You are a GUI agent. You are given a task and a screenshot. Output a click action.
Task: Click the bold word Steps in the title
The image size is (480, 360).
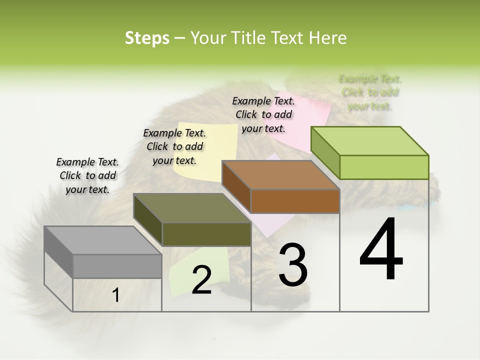pyautogui.click(x=147, y=38)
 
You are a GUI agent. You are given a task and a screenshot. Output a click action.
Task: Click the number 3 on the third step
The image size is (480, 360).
pyautogui.click(x=293, y=265)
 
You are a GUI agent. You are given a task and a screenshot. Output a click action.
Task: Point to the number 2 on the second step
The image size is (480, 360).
pyautogui.click(x=201, y=280)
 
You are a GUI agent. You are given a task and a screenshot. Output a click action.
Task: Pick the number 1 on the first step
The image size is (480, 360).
pyautogui.click(x=116, y=295)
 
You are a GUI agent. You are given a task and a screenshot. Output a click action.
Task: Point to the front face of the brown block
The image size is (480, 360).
pyautogui.click(x=295, y=201)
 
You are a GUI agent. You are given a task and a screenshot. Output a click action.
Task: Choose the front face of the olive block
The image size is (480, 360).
pyautogui.click(x=206, y=234)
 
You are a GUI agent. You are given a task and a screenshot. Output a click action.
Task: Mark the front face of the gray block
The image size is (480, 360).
pyautogui.click(x=117, y=266)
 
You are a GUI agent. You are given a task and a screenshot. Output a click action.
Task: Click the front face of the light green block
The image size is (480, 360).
pyautogui.click(x=384, y=167)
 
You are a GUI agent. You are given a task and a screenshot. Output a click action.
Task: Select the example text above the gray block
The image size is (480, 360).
pyautogui.click(x=87, y=175)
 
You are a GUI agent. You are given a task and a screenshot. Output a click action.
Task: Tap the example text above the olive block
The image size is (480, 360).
pyautogui.click(x=174, y=146)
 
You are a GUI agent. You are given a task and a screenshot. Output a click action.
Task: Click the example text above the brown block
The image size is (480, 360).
pyautogui.click(x=263, y=114)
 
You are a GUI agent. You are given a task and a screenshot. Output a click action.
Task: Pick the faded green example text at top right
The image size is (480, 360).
pyautogui.click(x=370, y=92)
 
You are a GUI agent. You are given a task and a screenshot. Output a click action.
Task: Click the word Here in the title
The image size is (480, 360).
pyautogui.click(x=328, y=38)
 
